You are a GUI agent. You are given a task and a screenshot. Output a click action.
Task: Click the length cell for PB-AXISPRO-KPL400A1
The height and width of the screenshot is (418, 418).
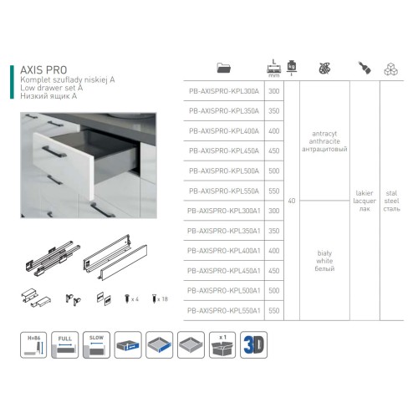tap(274, 251)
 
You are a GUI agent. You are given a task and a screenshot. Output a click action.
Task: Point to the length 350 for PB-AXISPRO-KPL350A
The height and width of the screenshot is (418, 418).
tap(274, 110)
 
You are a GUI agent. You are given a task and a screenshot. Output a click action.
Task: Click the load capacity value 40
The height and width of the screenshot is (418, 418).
tap(291, 201)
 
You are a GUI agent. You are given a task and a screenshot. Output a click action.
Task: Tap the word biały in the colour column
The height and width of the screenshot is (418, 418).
tap(323, 251)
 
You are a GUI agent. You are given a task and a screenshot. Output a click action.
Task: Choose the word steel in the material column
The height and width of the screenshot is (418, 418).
tap(391, 201)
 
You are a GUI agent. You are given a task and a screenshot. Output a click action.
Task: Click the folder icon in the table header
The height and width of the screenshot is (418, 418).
tap(223, 68)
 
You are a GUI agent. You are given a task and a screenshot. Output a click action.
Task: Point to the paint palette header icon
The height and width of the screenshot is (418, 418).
tap(323, 68)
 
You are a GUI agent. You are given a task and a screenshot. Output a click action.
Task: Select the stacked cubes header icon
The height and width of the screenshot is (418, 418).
tap(391, 68)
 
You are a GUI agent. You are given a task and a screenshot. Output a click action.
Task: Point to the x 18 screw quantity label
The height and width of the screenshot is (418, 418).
tap(162, 298)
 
